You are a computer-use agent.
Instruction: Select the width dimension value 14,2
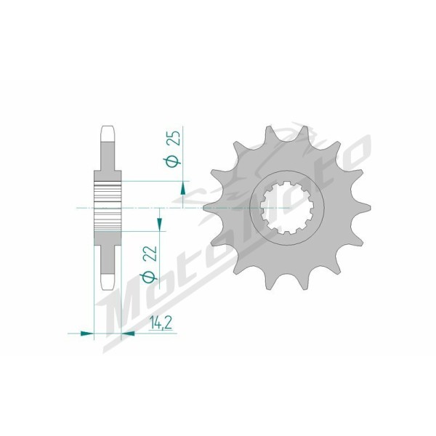[x=161, y=323]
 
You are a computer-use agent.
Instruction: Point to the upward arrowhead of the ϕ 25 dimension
[x=182, y=188]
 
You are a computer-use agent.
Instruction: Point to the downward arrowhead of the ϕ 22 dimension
[x=159, y=225]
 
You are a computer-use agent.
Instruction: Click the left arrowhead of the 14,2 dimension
[x=86, y=333]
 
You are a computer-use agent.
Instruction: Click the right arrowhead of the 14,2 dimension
[x=128, y=333]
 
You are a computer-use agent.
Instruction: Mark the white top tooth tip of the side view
[x=108, y=134]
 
